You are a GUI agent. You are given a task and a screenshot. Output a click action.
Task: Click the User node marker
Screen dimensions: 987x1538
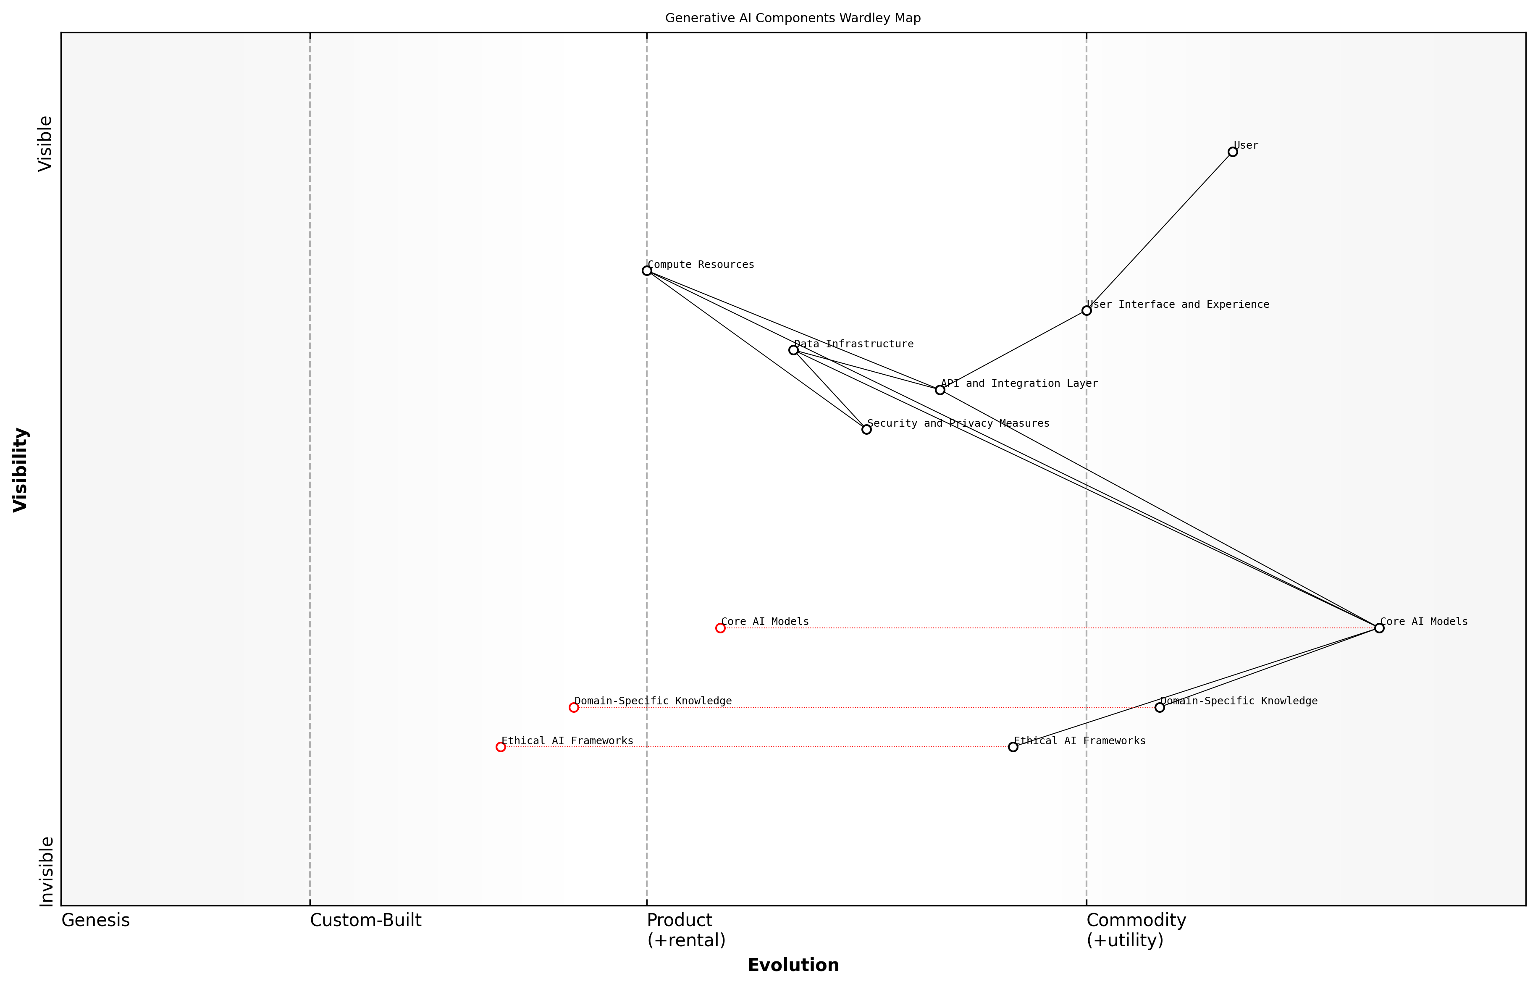pyautogui.click(x=1232, y=152)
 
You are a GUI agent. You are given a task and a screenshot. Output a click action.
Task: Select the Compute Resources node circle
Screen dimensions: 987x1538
pyautogui.click(x=647, y=270)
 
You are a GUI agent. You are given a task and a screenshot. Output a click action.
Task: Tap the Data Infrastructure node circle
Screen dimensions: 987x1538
pyautogui.click(x=793, y=350)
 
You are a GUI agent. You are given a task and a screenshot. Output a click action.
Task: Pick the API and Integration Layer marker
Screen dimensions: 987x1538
pyautogui.click(x=940, y=390)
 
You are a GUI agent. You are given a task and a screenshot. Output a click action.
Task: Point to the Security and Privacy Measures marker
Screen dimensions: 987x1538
pyautogui.click(x=866, y=429)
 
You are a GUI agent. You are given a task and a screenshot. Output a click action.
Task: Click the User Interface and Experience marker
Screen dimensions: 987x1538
pyautogui.click(x=1086, y=311)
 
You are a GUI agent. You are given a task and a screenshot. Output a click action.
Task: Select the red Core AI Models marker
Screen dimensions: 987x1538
pyautogui.click(x=720, y=628)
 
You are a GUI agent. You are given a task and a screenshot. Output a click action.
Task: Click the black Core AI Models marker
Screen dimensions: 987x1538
pyautogui.click(x=1379, y=628)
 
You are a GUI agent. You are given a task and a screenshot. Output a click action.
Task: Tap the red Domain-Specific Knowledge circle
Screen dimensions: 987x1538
pyautogui.click(x=574, y=708)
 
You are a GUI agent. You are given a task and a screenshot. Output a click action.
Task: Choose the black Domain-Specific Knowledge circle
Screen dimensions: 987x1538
pyautogui.click(x=1159, y=708)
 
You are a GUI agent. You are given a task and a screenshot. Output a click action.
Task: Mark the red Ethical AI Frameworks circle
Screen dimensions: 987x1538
pyautogui.click(x=501, y=747)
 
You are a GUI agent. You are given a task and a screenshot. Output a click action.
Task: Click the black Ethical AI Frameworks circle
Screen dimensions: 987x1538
pyautogui.click(x=1013, y=747)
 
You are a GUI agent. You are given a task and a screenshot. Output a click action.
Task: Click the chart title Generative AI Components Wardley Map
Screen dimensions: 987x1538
pyautogui.click(x=793, y=18)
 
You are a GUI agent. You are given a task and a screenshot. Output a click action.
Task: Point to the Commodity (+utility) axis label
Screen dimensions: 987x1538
pyautogui.click(x=1136, y=930)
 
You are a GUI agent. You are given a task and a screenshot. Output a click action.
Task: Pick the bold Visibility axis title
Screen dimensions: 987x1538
pyautogui.click(x=21, y=470)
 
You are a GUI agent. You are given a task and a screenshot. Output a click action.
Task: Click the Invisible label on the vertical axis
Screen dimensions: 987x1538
pyautogui.click(x=46, y=871)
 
